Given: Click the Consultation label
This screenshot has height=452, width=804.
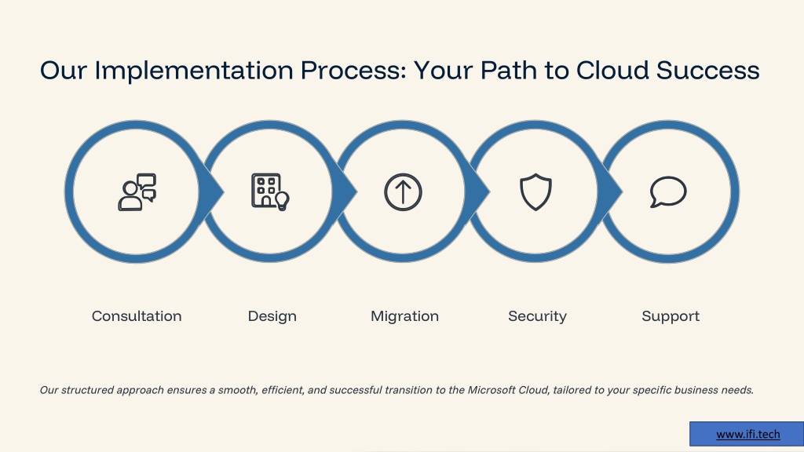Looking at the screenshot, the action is [x=137, y=316].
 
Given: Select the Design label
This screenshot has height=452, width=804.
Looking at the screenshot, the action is [x=272, y=316].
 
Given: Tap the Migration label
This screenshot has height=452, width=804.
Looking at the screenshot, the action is [x=404, y=316].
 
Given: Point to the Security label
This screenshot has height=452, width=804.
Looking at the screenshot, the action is [x=537, y=316].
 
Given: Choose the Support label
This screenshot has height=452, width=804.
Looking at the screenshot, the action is [x=671, y=316].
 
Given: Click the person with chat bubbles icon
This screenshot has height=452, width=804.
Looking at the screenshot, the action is [x=137, y=191].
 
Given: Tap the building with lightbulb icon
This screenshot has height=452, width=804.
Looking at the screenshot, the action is [x=270, y=191].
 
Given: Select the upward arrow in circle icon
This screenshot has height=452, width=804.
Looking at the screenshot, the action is [x=403, y=192].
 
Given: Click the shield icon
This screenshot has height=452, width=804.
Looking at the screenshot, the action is [x=535, y=191].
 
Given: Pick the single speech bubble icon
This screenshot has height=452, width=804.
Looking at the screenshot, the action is [x=668, y=191].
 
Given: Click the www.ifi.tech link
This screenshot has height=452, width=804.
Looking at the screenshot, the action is [x=748, y=434].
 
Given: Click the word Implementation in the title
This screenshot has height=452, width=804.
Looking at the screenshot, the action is [x=194, y=71].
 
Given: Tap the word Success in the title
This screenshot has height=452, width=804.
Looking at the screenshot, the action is [x=707, y=70].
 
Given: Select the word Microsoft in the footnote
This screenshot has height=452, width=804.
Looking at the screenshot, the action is [x=492, y=390].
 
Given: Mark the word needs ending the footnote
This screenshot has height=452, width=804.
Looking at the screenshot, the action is [x=737, y=390].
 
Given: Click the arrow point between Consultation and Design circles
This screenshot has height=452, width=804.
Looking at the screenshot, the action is [x=224, y=192].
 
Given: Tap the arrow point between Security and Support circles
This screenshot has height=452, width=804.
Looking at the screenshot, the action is [x=622, y=192].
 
